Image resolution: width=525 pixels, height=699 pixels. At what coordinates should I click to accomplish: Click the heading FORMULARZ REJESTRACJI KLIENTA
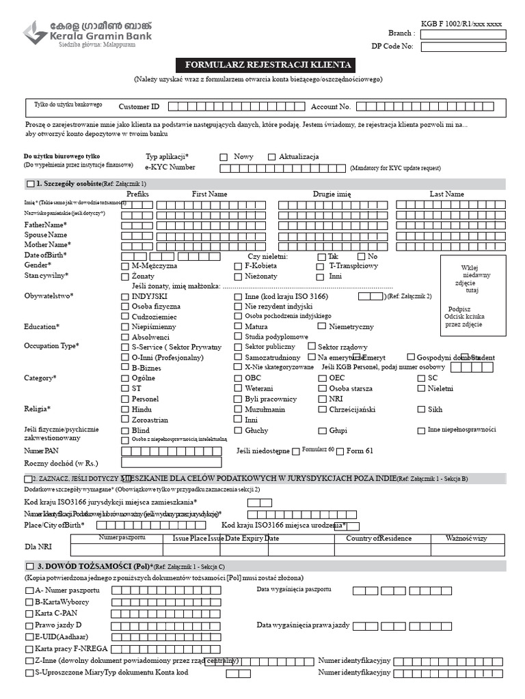[x=265, y=66]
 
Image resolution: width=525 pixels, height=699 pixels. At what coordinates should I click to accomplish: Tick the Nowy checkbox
[x=224, y=157]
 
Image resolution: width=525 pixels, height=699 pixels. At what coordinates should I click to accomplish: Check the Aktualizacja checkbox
[x=271, y=157]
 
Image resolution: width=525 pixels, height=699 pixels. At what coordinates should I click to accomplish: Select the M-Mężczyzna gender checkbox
[x=124, y=266]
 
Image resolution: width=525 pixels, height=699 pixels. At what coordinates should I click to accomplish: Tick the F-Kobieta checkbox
[x=238, y=266]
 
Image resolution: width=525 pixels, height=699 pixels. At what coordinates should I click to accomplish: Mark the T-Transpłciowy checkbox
[x=321, y=266]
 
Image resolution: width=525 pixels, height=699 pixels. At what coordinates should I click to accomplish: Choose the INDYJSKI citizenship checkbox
[x=124, y=297]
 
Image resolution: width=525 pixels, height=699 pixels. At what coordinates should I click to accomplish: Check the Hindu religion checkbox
[x=124, y=410]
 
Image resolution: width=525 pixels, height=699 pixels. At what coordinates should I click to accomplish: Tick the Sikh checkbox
[x=421, y=410]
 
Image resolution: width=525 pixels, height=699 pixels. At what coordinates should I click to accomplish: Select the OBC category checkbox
[x=238, y=378]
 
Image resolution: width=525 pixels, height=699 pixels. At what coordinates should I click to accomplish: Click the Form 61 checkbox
[x=340, y=451]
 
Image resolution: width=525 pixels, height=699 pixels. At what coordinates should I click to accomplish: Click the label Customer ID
[x=139, y=107]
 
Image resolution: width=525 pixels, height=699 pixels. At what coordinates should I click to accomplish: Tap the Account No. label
[x=331, y=107]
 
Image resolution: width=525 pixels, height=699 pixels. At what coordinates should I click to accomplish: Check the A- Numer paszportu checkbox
[x=29, y=590]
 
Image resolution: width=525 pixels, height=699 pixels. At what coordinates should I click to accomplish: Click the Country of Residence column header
[x=378, y=539]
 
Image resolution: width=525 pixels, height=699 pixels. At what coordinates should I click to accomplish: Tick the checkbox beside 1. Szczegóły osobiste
[x=29, y=184]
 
